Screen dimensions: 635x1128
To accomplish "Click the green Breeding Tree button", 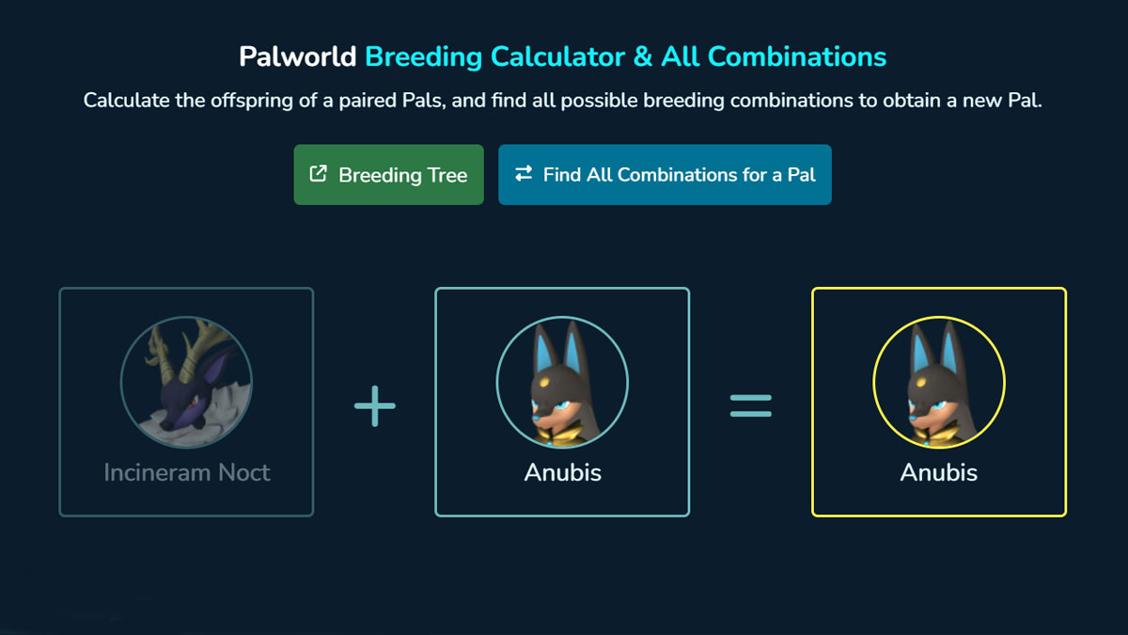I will tap(388, 174).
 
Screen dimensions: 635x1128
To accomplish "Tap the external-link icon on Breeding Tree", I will tap(319, 174).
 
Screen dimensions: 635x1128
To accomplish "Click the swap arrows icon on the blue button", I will tap(524, 174).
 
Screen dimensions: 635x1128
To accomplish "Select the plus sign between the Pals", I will tap(375, 406).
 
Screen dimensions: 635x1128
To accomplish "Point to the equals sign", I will tap(751, 406).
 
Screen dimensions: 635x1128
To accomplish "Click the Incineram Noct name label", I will tap(187, 472).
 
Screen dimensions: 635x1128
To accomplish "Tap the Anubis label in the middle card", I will tap(562, 472).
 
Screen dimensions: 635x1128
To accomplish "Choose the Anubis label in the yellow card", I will tap(938, 472).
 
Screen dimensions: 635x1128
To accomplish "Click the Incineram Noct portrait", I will tap(186, 382).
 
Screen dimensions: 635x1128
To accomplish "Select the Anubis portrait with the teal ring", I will tap(562, 382).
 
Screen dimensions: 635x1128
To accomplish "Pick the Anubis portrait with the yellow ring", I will tap(938, 382).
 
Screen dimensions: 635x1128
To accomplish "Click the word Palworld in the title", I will tap(297, 56).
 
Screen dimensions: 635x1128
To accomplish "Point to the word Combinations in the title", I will tap(797, 56).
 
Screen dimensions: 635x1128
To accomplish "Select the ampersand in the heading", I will tap(643, 56).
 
